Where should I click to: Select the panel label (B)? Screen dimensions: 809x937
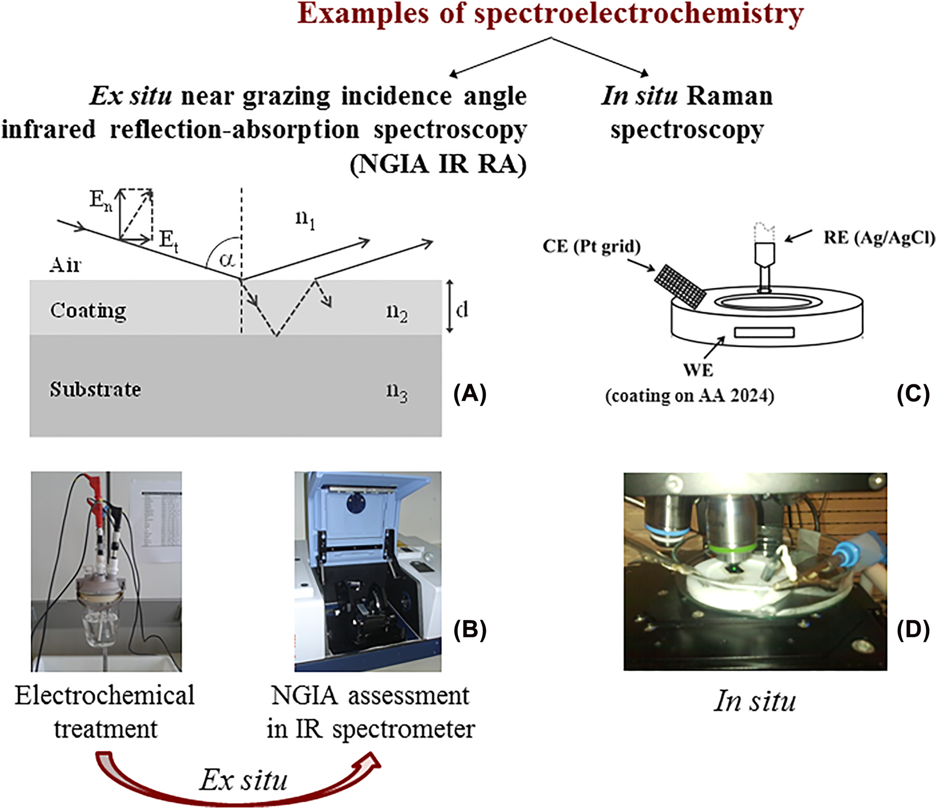click(469, 629)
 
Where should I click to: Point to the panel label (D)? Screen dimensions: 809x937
click(913, 629)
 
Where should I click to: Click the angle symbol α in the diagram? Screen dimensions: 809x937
click(227, 260)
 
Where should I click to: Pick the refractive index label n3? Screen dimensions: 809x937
click(397, 393)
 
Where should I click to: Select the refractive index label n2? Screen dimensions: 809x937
click(397, 313)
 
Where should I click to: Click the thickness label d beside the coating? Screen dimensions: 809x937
click(462, 309)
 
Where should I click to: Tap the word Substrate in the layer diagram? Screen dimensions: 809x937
click(95, 389)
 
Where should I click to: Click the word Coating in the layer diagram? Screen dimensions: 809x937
click(88, 310)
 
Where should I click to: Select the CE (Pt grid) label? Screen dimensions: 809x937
click(592, 247)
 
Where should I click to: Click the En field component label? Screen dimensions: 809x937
click(101, 200)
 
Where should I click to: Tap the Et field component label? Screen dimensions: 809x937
click(168, 240)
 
